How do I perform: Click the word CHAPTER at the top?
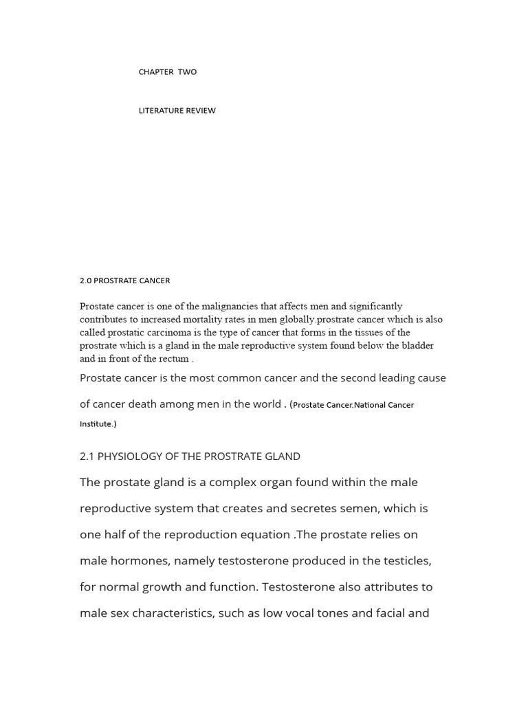coord(156,72)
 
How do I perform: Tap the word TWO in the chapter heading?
coord(187,72)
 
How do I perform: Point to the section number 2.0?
coord(85,280)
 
